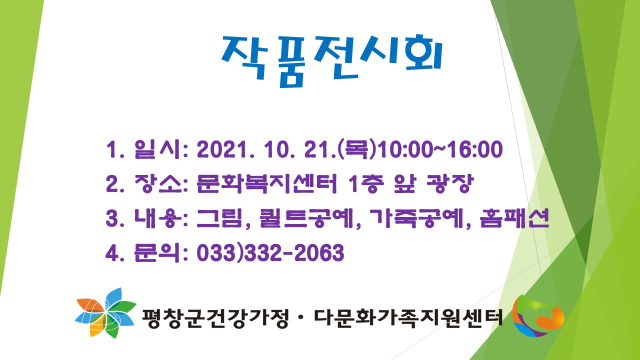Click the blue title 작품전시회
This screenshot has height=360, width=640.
click(x=331, y=60)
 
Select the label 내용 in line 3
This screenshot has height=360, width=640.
click(x=158, y=218)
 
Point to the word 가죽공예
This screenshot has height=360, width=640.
click(x=416, y=218)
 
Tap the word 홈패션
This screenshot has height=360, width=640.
click(x=514, y=218)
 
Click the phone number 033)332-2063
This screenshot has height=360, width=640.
click(x=270, y=252)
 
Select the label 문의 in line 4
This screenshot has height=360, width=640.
click(x=156, y=252)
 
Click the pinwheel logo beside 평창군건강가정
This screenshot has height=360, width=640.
click(x=105, y=313)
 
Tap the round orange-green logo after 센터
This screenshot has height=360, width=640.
click(x=538, y=316)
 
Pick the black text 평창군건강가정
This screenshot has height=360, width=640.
click(x=215, y=317)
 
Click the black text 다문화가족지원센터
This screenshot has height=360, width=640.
click(x=408, y=317)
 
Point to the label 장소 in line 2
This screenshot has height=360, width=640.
click(x=158, y=183)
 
